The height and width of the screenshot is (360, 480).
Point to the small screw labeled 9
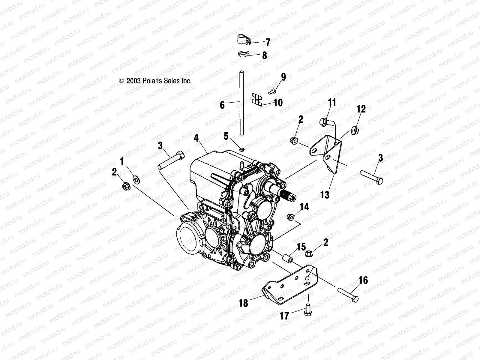(x=273, y=89)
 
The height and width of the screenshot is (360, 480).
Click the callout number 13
(x=325, y=195)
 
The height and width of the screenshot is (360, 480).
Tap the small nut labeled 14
(x=290, y=216)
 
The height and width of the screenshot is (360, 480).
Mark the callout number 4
(x=196, y=138)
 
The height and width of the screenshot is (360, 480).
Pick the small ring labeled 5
(x=242, y=147)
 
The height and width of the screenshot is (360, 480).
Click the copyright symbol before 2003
(x=121, y=81)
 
